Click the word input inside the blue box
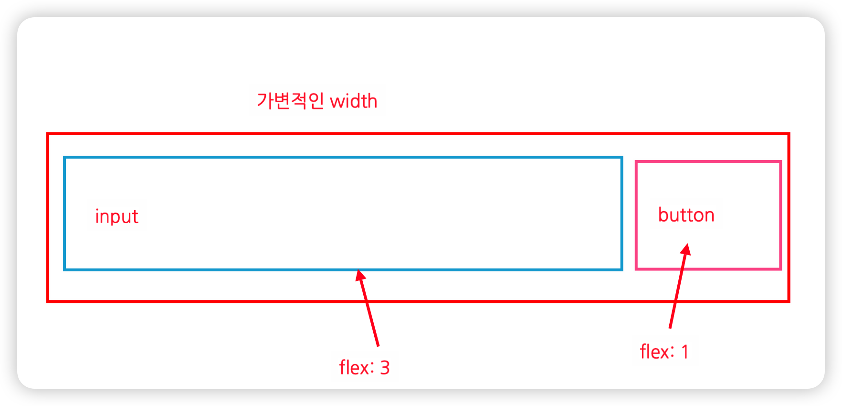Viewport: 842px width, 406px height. click(x=116, y=217)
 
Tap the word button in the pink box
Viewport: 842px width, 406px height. click(x=686, y=215)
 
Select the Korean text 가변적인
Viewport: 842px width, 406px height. click(x=290, y=101)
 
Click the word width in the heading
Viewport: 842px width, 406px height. click(x=354, y=101)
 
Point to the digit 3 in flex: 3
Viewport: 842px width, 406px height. click(x=385, y=368)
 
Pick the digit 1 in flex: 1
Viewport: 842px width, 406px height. click(x=685, y=352)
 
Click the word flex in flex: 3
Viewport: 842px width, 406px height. click(x=354, y=368)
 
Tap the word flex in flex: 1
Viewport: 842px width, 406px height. click(x=654, y=352)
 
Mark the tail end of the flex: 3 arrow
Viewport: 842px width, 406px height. click(x=378, y=345)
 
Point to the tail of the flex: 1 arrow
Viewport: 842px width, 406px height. click(x=670, y=327)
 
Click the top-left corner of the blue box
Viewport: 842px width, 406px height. click(x=64, y=157)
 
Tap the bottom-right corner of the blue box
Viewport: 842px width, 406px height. click(x=621, y=269)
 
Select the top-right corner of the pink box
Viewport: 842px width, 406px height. click(x=780, y=162)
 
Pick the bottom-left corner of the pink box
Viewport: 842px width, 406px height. click(x=636, y=269)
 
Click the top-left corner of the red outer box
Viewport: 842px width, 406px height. click(x=48, y=134)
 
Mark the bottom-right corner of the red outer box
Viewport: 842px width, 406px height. click(x=789, y=301)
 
